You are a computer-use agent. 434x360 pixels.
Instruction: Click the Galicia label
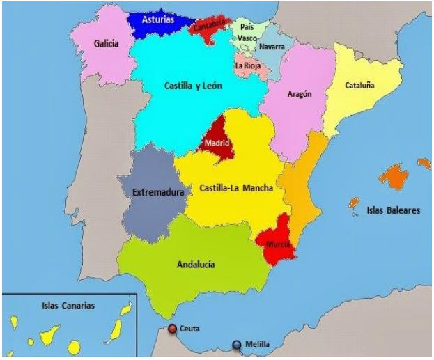[x=107, y=44]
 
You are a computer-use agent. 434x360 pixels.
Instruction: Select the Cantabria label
[x=210, y=27]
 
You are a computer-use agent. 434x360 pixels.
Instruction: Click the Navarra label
[x=271, y=47]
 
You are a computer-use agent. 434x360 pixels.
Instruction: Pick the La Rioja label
[x=248, y=65]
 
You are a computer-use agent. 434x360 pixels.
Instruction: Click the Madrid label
[x=216, y=144]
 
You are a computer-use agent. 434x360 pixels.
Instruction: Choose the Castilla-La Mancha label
[x=236, y=187]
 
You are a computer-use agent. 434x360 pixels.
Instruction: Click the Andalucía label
[x=196, y=264]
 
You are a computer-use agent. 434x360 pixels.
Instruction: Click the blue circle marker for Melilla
[x=237, y=343]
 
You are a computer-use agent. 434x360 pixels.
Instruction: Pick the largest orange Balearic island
[x=396, y=175]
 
